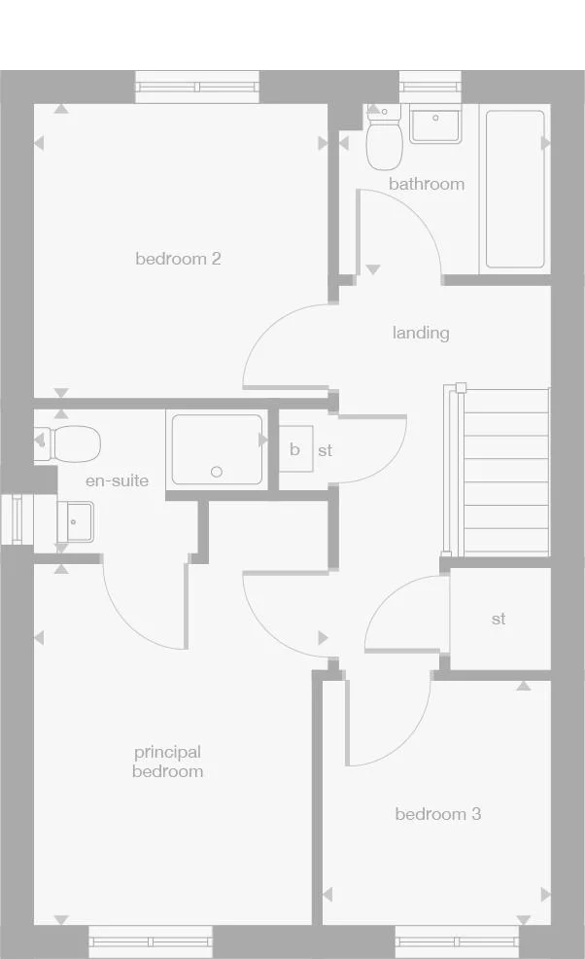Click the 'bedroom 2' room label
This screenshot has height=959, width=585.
click(x=178, y=259)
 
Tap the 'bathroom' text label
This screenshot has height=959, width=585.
click(x=427, y=184)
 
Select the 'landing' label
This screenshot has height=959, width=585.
click(x=421, y=333)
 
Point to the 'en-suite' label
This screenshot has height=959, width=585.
click(x=118, y=480)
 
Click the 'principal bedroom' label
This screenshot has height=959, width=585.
click(x=168, y=762)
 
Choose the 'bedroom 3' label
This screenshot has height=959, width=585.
click(x=437, y=814)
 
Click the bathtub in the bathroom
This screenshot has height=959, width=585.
click(x=514, y=189)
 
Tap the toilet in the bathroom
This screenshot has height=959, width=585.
click(x=385, y=141)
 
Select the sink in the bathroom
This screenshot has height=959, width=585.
click(x=434, y=125)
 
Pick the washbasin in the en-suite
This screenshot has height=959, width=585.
click(x=74, y=522)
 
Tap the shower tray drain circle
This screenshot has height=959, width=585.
click(x=217, y=473)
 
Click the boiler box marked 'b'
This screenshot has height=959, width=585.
click(x=295, y=449)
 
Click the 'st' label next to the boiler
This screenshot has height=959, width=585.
click(x=325, y=451)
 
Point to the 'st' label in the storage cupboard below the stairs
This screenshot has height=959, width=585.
click(x=499, y=619)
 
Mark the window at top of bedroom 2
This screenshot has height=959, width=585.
click(x=197, y=88)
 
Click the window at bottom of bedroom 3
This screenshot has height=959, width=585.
click(x=457, y=941)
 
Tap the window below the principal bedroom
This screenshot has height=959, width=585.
click(x=150, y=941)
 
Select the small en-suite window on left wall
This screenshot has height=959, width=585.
click(x=16, y=517)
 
